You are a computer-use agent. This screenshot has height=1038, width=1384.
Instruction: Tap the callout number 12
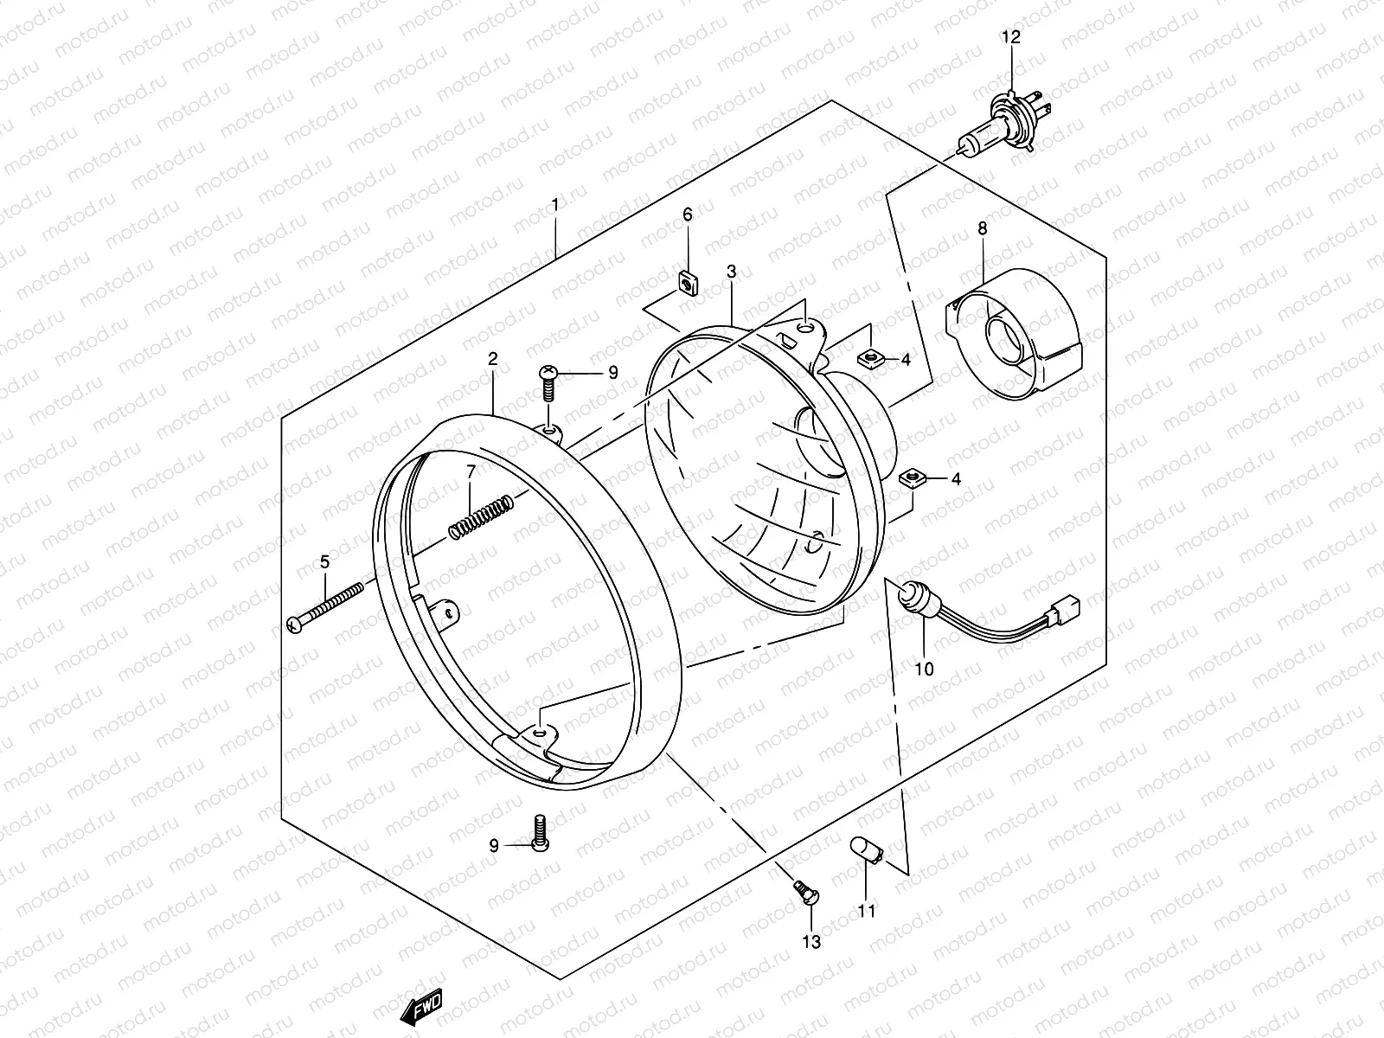1011,37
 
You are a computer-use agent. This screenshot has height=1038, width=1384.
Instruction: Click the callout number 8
983,228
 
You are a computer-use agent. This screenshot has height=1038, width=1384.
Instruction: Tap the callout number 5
324,562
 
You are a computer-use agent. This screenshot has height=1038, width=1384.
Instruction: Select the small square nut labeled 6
689,282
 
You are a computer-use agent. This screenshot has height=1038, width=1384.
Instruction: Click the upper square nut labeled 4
868,356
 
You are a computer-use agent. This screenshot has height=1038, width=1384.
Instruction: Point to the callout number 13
811,940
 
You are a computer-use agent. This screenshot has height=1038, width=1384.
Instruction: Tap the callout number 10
924,669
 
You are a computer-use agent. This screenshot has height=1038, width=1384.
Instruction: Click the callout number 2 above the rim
493,358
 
